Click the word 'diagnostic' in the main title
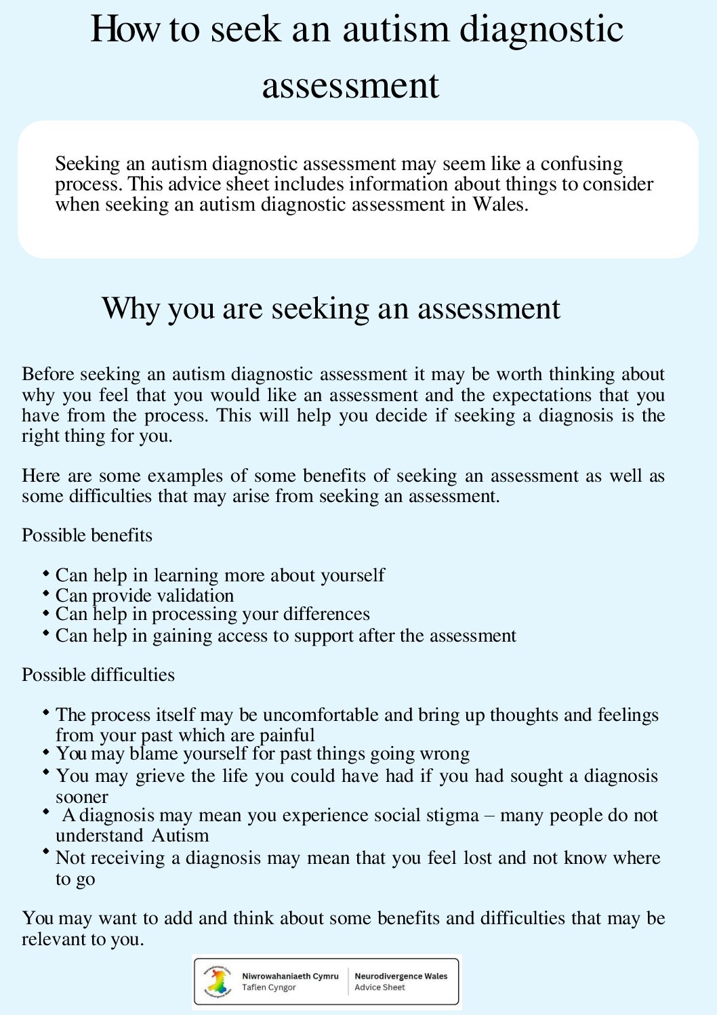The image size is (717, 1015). coord(541,30)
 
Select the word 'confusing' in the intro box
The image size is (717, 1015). coord(581,163)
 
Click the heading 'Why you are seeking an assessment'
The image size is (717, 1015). coord(331,308)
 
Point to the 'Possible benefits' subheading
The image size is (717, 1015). coord(87,535)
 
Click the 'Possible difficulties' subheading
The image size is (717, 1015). coord(98,675)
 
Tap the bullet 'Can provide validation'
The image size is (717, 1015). coord(144,596)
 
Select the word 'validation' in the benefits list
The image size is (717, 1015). coord(195,596)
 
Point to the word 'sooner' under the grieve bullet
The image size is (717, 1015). coord(82,797)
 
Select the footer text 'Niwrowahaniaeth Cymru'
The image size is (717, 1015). coord(290,976)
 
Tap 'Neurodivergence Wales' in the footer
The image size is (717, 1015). coord(401,976)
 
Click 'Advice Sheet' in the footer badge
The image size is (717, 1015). coord(380,988)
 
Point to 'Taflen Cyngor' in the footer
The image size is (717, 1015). coord(269,988)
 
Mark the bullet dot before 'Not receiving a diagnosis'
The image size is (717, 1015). coord(46,852)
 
